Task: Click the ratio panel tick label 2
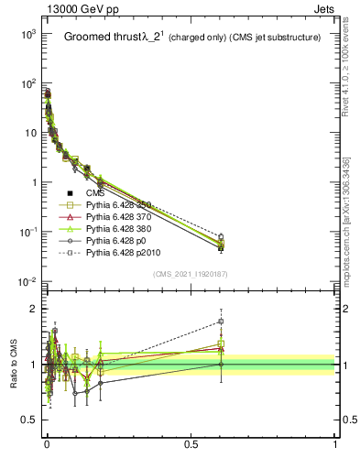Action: click(x=32, y=309)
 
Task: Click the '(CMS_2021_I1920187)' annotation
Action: click(x=191, y=273)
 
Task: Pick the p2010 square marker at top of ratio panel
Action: click(x=220, y=322)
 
